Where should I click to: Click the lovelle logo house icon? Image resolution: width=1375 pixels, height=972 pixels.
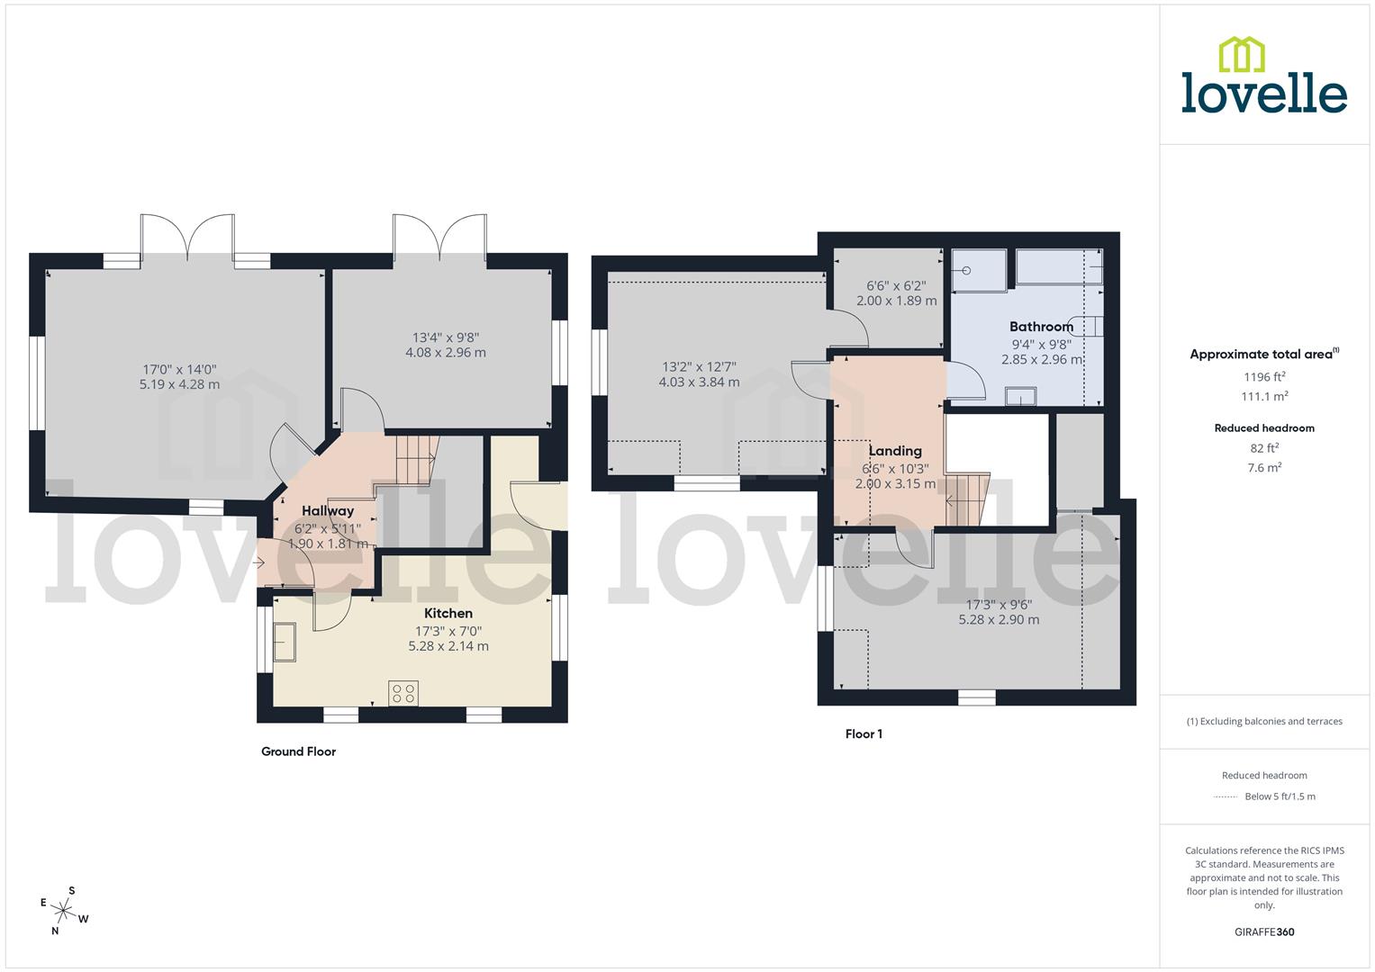[1241, 54]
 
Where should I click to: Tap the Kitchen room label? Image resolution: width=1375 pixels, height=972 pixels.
[448, 613]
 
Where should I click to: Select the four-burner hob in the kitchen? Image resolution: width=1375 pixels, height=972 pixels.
[403, 693]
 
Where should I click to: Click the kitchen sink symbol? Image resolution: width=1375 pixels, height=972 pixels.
[285, 642]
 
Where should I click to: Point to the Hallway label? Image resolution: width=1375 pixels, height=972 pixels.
[328, 511]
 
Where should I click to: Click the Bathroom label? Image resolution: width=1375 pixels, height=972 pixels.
[1041, 327]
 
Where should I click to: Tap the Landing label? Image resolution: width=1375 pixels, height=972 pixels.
[894, 451]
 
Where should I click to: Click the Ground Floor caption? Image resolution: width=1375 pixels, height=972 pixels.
[298, 751]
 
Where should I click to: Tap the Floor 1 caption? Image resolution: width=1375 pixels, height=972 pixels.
[864, 734]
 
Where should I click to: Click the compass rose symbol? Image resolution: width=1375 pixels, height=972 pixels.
[64, 909]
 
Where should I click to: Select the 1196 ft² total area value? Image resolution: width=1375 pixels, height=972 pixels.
[1264, 377]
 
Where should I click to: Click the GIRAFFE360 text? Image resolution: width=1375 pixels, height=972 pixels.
[1264, 932]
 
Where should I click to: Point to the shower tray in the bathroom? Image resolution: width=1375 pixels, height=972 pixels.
[980, 271]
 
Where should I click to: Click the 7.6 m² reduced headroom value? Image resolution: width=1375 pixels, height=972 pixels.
[1264, 467]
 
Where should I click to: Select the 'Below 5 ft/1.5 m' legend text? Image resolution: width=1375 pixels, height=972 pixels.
[1280, 796]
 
